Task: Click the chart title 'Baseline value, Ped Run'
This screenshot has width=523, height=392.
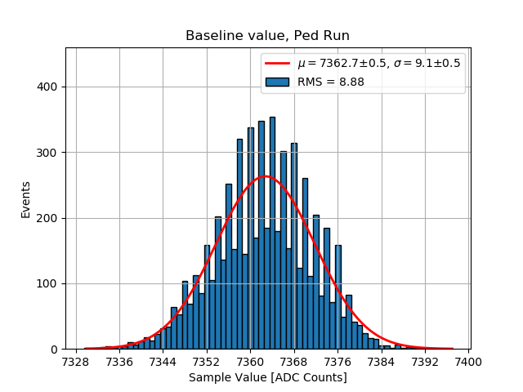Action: click(x=267, y=36)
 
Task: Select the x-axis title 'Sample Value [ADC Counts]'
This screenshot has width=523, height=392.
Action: click(x=267, y=377)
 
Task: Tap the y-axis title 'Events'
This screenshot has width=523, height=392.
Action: click(x=25, y=199)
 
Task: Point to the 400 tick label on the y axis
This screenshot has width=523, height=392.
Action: click(x=49, y=87)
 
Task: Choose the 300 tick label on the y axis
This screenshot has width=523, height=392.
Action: click(x=49, y=153)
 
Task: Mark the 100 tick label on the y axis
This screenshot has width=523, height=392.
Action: click(x=49, y=284)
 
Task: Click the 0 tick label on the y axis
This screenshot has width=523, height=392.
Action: click(x=55, y=350)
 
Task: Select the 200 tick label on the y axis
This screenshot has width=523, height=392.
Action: click(x=49, y=218)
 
